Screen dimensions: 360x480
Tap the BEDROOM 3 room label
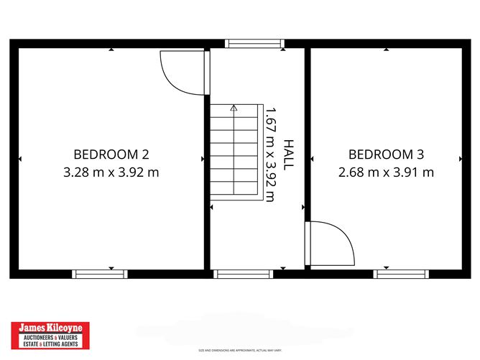pyautogui.click(x=386, y=154)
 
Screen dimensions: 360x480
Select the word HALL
pyautogui.click(x=288, y=154)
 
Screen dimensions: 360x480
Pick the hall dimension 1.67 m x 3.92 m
pyautogui.click(x=270, y=154)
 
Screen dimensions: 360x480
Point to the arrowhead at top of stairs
pyautogui.click(x=234, y=109)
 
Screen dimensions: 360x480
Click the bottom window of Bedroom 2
pyautogui.click(x=100, y=273)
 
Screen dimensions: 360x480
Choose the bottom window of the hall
pyautogui.click(x=244, y=273)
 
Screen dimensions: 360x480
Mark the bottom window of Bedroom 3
pyautogui.click(x=401, y=273)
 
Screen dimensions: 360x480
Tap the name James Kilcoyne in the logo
pyautogui.click(x=50, y=327)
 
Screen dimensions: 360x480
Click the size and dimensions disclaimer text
pyautogui.click(x=240, y=351)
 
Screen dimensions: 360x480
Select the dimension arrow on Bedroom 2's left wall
pyautogui.click(x=20, y=158)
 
